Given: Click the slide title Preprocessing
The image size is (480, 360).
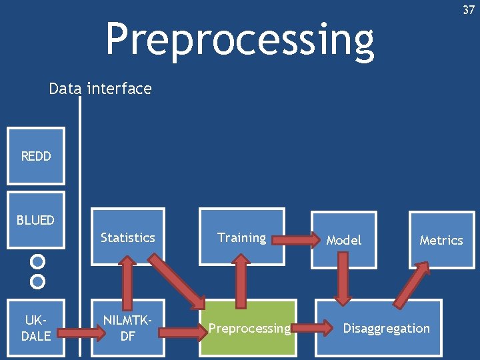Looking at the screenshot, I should (239, 39).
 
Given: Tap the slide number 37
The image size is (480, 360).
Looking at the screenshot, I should (468, 9).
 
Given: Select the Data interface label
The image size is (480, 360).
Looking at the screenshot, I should (100, 89).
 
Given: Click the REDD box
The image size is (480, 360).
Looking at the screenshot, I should (36, 156).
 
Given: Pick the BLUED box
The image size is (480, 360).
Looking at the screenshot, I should (36, 220).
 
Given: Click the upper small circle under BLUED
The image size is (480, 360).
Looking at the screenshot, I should (38, 261).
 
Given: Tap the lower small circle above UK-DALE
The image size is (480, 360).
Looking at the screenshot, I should (38, 281).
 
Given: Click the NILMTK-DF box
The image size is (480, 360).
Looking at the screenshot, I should (127, 328).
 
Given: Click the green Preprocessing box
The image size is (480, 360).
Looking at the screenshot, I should (248, 328).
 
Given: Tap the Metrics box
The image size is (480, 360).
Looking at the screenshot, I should (441, 240).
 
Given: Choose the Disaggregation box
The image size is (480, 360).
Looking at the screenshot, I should (386, 328).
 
